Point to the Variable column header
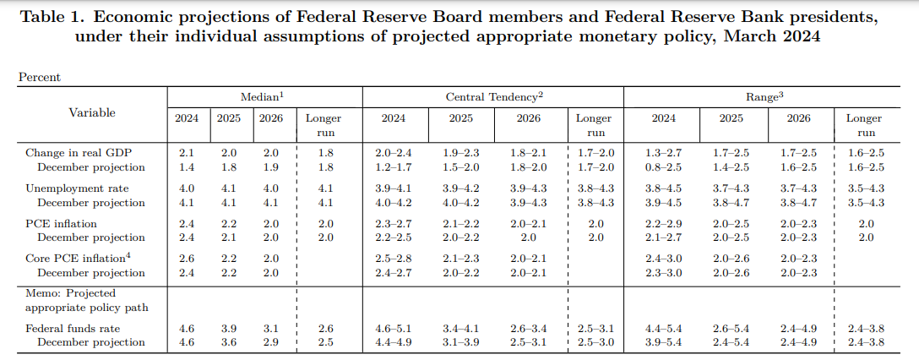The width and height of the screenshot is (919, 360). click(92, 112)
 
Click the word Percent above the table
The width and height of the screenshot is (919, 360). click(40, 77)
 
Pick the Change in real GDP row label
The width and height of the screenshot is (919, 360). click(79, 153)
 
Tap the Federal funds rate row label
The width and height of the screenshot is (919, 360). click(73, 329)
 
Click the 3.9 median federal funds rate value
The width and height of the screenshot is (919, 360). click(228, 329)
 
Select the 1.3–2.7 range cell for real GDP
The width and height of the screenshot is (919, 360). click(663, 153)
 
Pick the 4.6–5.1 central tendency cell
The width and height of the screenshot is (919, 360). click(393, 329)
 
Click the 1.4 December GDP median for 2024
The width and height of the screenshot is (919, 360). click(187, 167)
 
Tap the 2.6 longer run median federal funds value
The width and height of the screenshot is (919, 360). click(325, 329)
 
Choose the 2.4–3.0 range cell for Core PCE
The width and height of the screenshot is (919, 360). click(663, 259)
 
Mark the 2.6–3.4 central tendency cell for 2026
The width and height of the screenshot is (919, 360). click(528, 329)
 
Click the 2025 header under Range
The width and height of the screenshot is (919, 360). click(731, 118)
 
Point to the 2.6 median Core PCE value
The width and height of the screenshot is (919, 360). click(187, 259)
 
